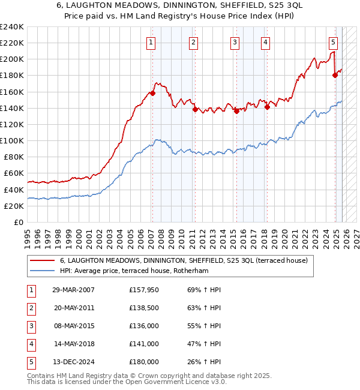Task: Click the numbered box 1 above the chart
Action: point(150,42)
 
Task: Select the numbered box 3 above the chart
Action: point(234,42)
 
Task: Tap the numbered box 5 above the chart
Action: point(333,42)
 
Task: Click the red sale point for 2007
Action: point(152,93)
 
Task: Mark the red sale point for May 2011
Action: point(195,109)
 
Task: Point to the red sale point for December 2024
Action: point(335,75)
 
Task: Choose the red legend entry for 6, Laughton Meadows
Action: point(184,260)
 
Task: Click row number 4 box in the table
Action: point(31,344)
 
